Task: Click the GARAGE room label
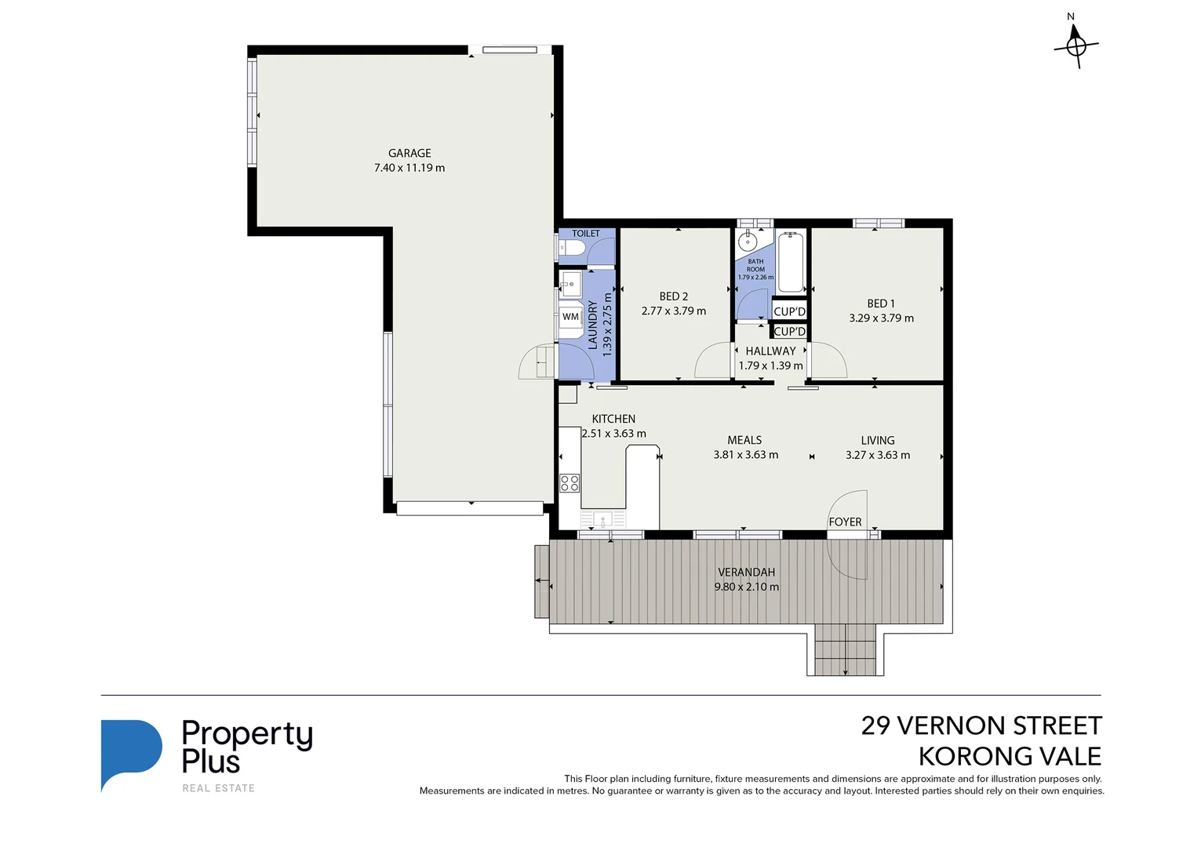[x=409, y=153]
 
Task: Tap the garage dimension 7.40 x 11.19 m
[x=409, y=168]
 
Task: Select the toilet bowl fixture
[x=570, y=248]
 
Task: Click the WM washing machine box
[x=570, y=317]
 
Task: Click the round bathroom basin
[x=748, y=242]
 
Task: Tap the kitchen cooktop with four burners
[x=570, y=483]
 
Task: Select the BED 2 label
[x=673, y=296]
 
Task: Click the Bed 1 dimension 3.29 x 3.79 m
[x=881, y=318]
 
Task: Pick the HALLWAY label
[x=770, y=351]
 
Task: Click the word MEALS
[x=744, y=440]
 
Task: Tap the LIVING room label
[x=878, y=440]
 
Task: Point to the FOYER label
[x=845, y=522]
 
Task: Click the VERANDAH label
[x=746, y=572]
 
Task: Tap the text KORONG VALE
[x=1010, y=756]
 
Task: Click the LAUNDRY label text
[x=592, y=325]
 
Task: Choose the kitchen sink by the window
[x=603, y=519]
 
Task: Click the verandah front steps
[x=846, y=649]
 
